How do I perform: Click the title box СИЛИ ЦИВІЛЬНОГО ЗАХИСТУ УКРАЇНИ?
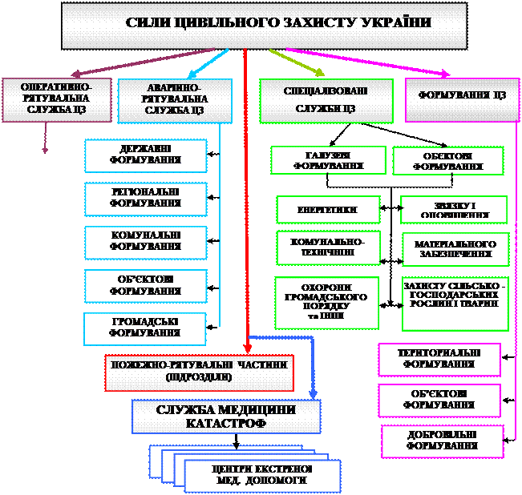pos(265,23)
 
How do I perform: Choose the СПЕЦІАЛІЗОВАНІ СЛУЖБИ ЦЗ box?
pos(326,99)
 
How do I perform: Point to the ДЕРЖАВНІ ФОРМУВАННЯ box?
pos(145,155)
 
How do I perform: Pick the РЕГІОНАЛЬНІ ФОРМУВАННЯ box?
pos(145,199)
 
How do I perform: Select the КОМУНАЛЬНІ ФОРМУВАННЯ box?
pos(145,242)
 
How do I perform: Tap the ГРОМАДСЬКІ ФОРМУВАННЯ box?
pos(145,328)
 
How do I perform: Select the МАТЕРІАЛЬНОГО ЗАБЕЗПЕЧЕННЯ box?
pos(455,249)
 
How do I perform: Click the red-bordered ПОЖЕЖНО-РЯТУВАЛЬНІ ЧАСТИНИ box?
pos(199,371)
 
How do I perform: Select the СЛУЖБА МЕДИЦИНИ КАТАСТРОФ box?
pos(226,416)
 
